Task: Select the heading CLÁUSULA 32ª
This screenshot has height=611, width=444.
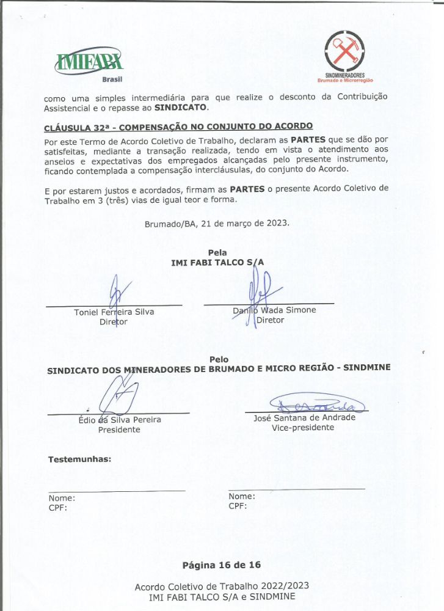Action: point(178,128)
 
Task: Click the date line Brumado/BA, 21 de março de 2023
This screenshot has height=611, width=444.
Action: point(217,223)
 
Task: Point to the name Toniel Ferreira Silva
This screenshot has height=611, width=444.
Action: point(114,312)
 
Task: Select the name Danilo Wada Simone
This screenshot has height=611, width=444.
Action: point(274,310)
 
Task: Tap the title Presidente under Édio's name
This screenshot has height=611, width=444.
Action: point(119,430)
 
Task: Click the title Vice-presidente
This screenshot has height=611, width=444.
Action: point(303,428)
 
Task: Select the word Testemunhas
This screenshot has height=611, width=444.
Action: point(79,458)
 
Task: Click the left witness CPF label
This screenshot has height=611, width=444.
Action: point(57,507)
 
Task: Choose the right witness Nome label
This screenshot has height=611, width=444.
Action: point(242,496)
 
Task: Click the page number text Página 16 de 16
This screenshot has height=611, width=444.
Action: point(221,564)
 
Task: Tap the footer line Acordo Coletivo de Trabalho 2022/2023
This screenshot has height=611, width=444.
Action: point(222,586)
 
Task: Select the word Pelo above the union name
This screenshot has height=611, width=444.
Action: point(219,359)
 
